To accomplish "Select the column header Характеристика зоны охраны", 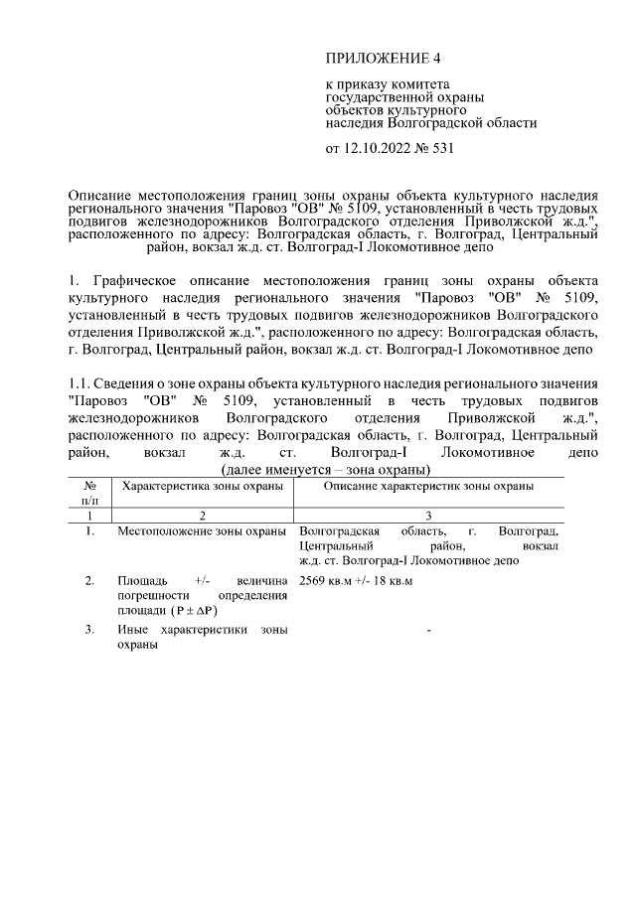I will (x=202, y=486).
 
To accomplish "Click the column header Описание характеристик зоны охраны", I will (x=428, y=486).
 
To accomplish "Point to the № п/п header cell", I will (x=90, y=493).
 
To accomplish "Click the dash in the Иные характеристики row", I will (x=427, y=630).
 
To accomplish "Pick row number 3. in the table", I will (x=89, y=630).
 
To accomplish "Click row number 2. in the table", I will (x=89, y=579).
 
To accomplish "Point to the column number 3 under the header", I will (x=427, y=517).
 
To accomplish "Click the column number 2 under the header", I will (x=202, y=517).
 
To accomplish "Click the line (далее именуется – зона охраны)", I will (x=324, y=469).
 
